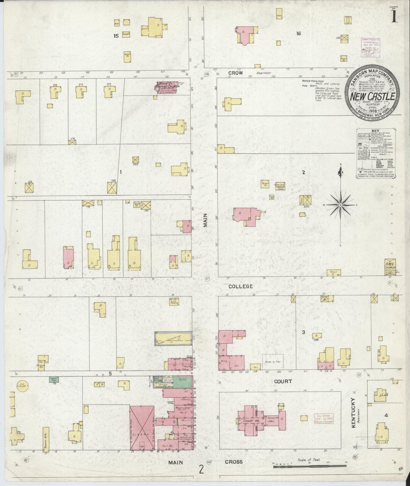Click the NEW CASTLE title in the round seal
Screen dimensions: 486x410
[x=373, y=96]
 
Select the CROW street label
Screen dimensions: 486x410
[x=236, y=73]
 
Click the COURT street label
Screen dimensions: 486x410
[x=283, y=381]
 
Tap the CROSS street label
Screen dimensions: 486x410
[x=234, y=462]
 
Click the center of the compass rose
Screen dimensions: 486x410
[x=340, y=205]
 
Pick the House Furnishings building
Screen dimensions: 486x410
[x=173, y=338]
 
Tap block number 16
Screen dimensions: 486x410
[x=298, y=34]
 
